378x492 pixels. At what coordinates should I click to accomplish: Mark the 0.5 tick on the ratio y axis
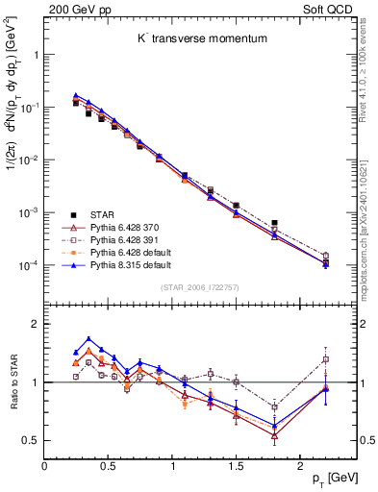(x=34, y=440)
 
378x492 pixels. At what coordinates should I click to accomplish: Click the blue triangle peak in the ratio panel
(x=88, y=338)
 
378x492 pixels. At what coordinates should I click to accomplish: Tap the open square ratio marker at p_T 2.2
(x=325, y=359)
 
